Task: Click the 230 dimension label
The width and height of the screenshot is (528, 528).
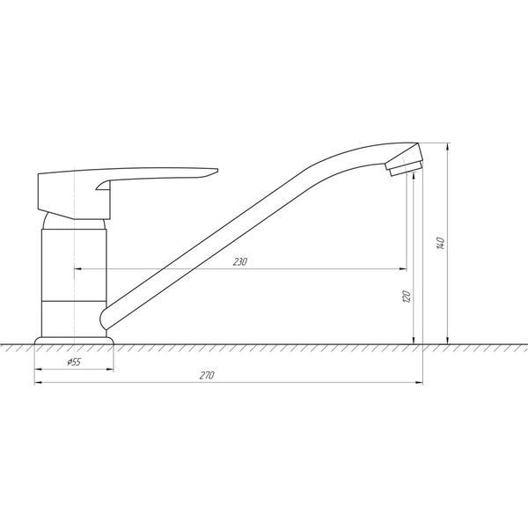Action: pyautogui.click(x=240, y=261)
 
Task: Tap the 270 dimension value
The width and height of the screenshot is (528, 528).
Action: pyautogui.click(x=207, y=375)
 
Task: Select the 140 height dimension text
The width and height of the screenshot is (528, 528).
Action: pyautogui.click(x=441, y=244)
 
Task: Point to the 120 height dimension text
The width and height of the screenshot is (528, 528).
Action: pyautogui.click(x=407, y=297)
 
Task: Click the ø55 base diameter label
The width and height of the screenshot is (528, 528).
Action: pyautogui.click(x=74, y=362)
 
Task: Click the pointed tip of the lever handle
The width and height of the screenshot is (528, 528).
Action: pyautogui.click(x=217, y=170)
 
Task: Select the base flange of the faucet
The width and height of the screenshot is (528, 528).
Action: pyautogui.click(x=74, y=341)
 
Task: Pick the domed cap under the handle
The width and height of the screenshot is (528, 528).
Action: pyautogui.click(x=74, y=222)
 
